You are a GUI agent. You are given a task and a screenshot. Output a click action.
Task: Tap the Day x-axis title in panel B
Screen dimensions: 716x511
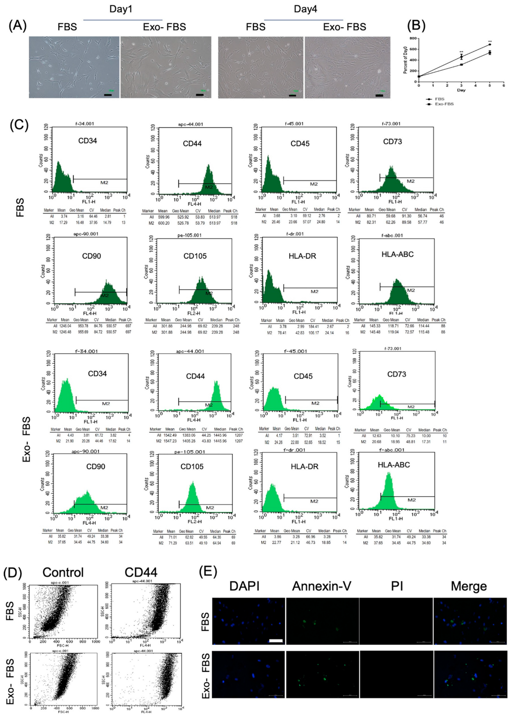point(461,90)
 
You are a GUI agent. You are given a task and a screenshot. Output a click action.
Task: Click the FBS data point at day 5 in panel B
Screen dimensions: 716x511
point(490,44)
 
